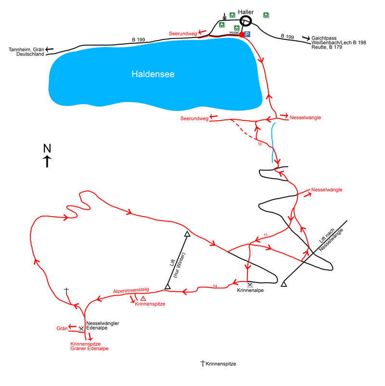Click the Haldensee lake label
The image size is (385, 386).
coord(153,74)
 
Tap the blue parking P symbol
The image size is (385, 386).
coord(247,34)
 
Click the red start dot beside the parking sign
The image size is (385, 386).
coord(242,35)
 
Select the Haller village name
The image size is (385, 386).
coord(245,12)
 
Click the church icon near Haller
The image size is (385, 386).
coord(224,17)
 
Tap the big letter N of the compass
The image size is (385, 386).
coord(47,148)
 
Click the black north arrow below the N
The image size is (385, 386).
coord(47,162)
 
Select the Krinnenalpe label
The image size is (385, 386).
coord(250,290)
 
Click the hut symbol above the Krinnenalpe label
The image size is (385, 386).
coord(250,285)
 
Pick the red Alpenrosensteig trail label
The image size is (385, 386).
coord(131,290)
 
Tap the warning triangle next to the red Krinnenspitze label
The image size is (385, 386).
coord(143,298)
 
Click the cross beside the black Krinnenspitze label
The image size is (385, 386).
coord(203,363)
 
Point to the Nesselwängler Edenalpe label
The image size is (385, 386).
coord(103,325)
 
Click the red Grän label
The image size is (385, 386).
coord(62,328)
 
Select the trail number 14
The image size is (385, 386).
coord(215,286)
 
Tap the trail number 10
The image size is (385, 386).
coord(259,144)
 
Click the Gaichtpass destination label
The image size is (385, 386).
coord(324,38)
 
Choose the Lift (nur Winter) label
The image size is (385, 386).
coord(177,264)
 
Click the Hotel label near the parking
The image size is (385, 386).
coord(234,33)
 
